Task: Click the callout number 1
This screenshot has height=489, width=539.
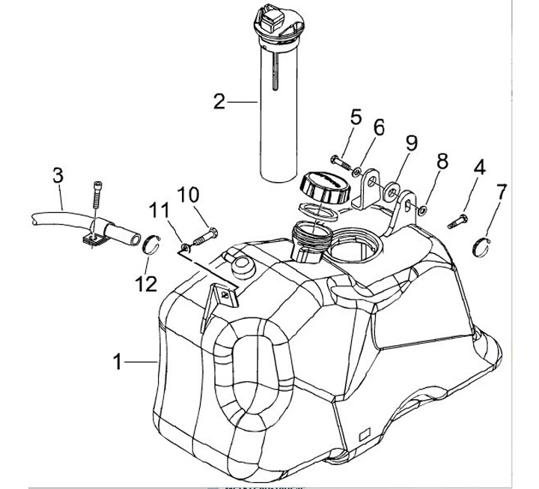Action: coord(118,362)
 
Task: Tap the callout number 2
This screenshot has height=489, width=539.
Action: coord(219,101)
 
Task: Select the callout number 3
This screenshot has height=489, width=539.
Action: coord(58,177)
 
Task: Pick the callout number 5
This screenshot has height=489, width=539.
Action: coord(356,117)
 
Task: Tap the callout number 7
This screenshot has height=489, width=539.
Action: coord(501,191)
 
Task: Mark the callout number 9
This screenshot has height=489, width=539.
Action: coord(411,142)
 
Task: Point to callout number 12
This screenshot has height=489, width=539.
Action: coord(147,284)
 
